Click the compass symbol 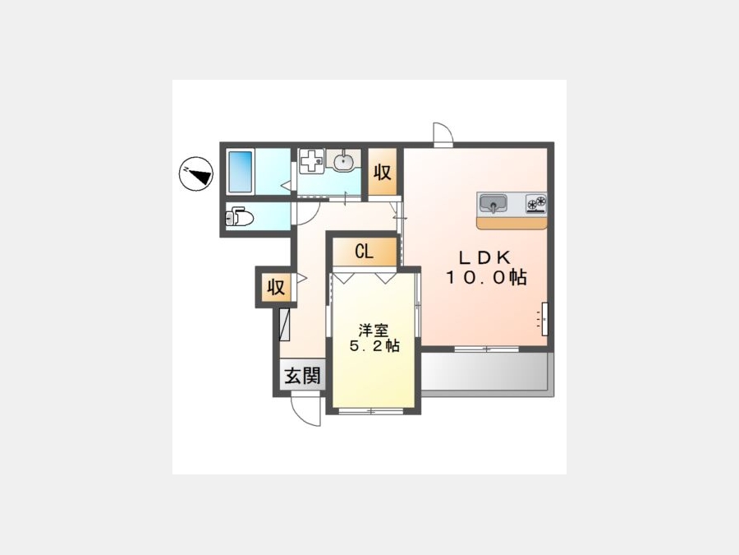click(195, 173)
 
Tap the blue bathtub click(241, 171)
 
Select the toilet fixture click(240, 218)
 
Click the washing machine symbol click(312, 160)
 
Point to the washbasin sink click(343, 160)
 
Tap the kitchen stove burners click(536, 203)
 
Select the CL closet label click(364, 251)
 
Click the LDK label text click(485, 257)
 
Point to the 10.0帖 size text click(486, 277)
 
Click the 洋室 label click(373, 330)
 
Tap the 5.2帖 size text click(374, 346)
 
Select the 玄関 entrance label click(302, 376)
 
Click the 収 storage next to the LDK click(382, 172)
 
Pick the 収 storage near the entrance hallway click(276, 287)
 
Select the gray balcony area click(484, 372)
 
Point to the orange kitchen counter click(512, 223)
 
